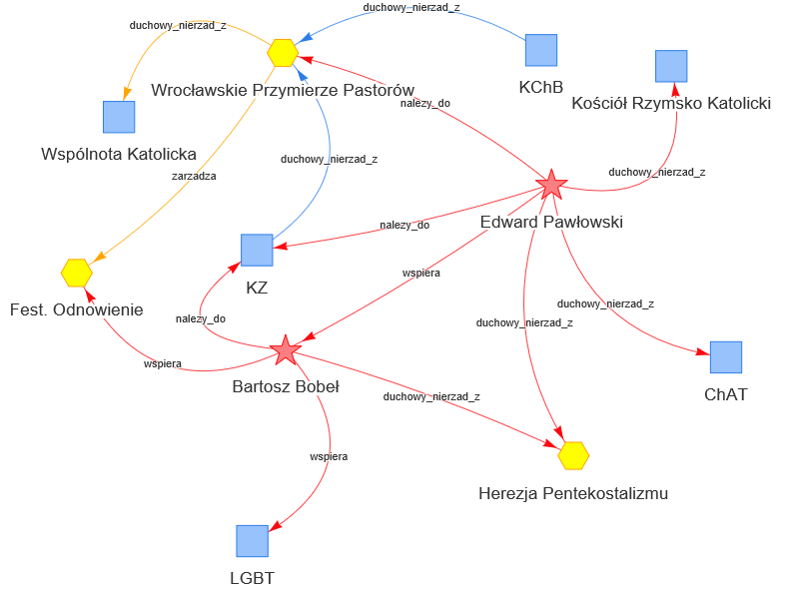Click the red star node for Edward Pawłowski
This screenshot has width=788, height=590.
(551, 185)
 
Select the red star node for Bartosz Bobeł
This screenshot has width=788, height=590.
(286, 349)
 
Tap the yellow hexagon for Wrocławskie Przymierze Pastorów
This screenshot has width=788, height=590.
(283, 52)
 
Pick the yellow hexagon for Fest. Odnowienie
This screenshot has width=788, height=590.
(77, 272)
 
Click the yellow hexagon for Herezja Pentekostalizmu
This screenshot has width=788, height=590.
(573, 455)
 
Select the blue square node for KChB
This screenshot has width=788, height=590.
(541, 50)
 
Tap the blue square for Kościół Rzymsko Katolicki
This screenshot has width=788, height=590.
(671, 66)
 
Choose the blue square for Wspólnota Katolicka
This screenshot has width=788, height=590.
(119, 117)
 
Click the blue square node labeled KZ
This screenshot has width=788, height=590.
(257, 251)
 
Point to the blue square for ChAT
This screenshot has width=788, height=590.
(726, 357)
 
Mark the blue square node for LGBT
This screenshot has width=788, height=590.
(253, 541)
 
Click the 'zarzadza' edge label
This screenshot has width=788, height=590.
(194, 176)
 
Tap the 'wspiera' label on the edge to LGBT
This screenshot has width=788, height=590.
(329, 456)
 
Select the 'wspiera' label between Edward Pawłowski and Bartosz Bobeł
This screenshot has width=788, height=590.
(421, 272)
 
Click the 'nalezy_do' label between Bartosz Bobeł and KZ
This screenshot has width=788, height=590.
(201, 318)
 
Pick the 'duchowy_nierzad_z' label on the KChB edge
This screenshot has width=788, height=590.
(411, 7)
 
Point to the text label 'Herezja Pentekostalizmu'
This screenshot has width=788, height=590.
(573, 493)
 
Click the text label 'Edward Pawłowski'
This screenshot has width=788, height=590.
(551, 222)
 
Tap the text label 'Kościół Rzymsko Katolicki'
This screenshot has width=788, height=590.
(671, 104)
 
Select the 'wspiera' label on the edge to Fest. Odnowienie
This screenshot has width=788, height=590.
(163, 363)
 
